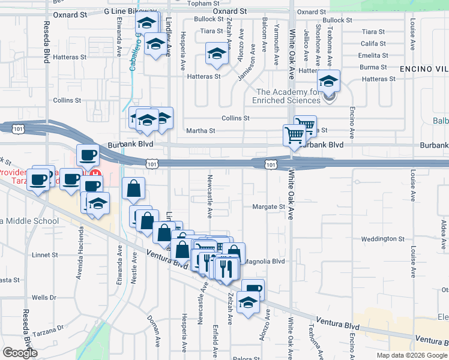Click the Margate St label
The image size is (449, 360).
(268, 207)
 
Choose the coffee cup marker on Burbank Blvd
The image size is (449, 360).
(88, 155)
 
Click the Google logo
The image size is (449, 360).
(20, 353)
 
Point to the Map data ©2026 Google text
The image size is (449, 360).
(412, 355)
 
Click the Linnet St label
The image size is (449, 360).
(44, 255)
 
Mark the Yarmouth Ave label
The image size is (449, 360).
(277, 46)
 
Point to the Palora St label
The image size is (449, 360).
(246, 358)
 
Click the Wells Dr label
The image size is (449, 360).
(43, 298)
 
